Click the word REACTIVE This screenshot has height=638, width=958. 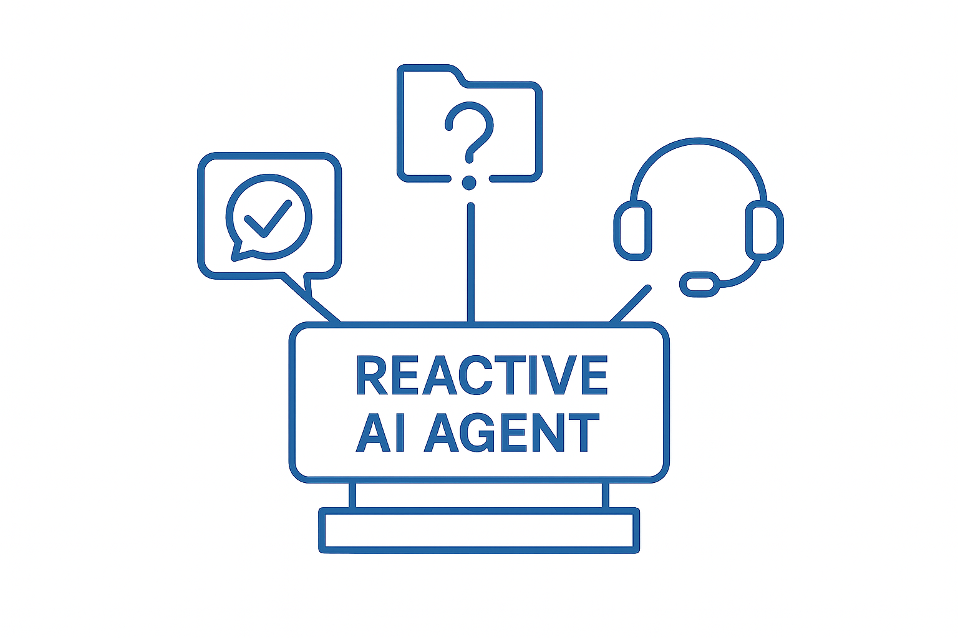coord(481,375)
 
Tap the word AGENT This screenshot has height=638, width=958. coord(511,432)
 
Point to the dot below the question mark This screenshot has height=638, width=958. coord(469,182)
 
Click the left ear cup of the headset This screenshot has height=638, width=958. coord(632,230)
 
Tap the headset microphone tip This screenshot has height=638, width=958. coord(699,284)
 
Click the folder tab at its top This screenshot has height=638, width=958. coord(430,70)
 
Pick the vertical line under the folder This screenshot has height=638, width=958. coord(470,262)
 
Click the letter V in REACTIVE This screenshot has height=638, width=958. coord(555,375)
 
